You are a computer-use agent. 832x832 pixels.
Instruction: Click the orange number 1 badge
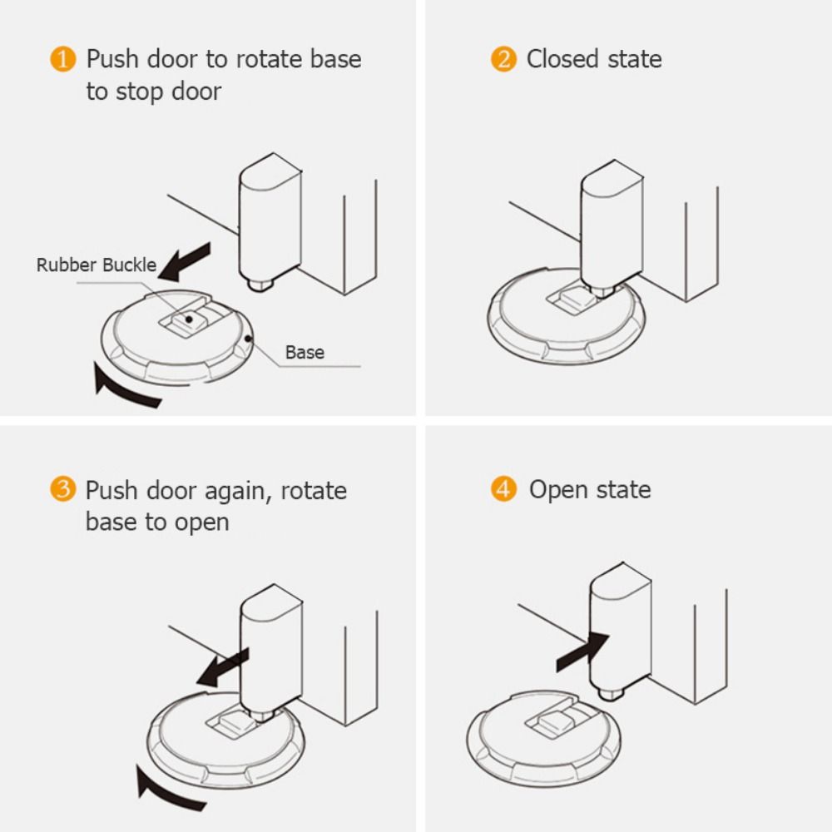(62, 60)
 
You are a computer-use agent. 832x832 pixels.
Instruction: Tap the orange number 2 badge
(503, 60)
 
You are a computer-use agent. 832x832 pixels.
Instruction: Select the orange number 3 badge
(62, 490)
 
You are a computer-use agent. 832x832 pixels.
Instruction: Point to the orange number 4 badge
(503, 490)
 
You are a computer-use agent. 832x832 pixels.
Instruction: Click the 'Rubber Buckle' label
(96, 265)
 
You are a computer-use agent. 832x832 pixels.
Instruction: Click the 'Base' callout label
(305, 352)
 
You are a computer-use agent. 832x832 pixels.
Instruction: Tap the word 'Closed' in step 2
(562, 60)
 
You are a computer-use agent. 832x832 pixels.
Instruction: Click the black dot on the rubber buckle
(191, 318)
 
